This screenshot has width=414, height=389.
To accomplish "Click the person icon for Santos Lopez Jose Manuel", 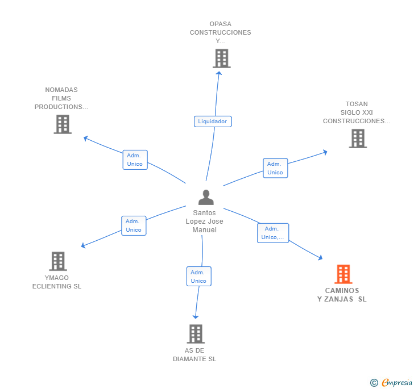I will pos(206,198).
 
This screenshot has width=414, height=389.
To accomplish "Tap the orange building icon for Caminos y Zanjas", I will pos(343,274).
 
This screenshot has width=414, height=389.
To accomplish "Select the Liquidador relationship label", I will pos(212,121).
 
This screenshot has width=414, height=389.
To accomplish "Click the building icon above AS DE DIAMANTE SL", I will pos(196,334).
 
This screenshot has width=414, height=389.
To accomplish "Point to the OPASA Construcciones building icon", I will pos(221,58).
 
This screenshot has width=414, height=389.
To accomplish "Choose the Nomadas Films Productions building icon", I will pos(63,124).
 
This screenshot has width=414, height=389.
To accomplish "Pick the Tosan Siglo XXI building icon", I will pos(358,138).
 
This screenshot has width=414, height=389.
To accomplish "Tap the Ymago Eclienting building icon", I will pos(58,261).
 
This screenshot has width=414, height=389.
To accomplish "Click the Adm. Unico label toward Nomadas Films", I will pos(135,160).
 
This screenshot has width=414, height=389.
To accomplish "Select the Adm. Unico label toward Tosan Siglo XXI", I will pos(275,168).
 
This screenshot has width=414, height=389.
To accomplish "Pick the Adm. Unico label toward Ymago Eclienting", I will pos(134,225).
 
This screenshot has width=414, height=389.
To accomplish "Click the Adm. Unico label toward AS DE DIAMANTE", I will pos(198,277).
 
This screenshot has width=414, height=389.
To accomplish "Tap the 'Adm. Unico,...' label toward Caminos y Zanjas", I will pos(272,233).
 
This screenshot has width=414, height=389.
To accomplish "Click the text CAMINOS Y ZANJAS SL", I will pos(342,295).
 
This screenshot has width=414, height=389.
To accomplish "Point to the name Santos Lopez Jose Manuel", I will pos(205,221).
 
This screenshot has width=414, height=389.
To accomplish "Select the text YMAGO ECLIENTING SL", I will pos(57,282).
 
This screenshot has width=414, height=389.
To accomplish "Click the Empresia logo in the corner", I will pos(391,382).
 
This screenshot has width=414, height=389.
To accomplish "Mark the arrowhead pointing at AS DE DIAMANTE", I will pos(196,316).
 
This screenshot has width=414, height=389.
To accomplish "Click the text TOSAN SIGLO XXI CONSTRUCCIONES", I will pos(357,112).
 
